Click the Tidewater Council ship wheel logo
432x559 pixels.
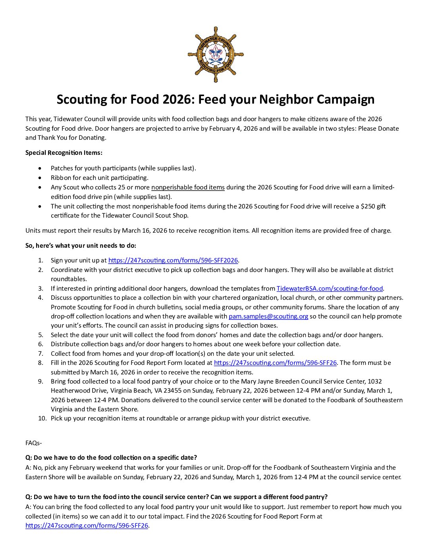pos(216,55)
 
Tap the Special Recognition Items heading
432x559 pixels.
pos(64,153)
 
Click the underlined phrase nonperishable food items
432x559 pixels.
pos(188,187)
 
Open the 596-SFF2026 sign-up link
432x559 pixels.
pos(173,260)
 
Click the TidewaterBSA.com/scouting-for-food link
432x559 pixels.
pos(330,289)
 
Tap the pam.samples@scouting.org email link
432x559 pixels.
pos(268,316)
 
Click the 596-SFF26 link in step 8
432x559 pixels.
pos(275,363)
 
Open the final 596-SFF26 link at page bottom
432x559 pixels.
pos(87,526)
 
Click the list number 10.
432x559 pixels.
pos(42,418)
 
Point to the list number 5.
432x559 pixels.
pos(40,335)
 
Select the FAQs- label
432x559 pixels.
pos(34,443)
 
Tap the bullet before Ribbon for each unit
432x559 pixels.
pos(40,178)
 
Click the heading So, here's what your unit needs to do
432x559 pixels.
pos(81,246)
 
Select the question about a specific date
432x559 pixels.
pos(111,458)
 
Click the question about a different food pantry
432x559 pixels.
pos(176,497)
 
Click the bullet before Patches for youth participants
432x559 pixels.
pos(40,168)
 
